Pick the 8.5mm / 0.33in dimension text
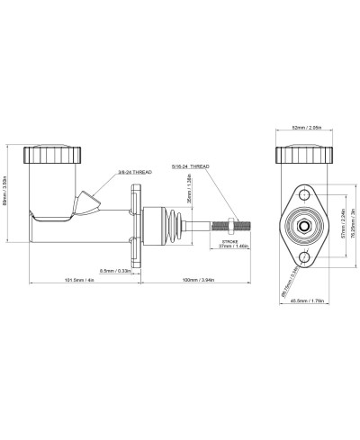click(x=114, y=270)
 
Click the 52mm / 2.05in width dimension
click(x=309, y=127)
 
